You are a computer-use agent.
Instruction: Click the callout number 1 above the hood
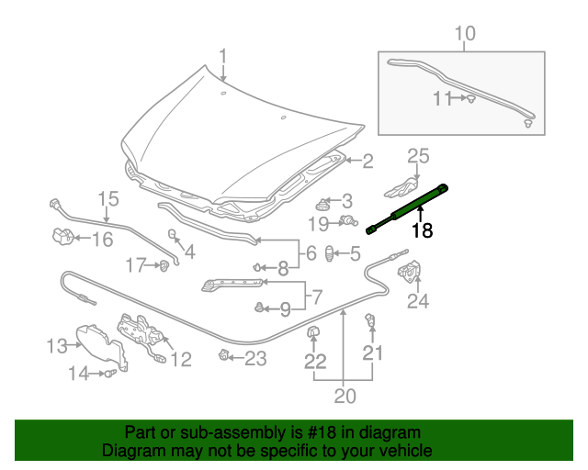point(222,59)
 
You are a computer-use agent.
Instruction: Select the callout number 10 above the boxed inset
point(465,35)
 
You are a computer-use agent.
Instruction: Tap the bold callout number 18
point(422,230)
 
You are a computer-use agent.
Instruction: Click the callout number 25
point(418,156)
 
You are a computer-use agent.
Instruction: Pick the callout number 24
point(418,300)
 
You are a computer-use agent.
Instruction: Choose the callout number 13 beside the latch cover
point(57,346)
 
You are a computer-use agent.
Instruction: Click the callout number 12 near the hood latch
point(180,359)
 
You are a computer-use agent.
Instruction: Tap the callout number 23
point(254,357)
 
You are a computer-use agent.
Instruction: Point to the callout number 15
point(108,199)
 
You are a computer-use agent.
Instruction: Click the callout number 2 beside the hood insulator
point(367,162)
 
